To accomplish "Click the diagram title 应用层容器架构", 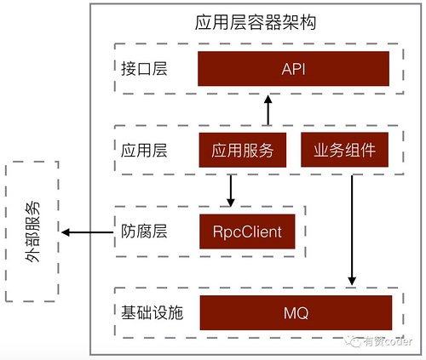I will tap(256, 23).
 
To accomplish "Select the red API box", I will tap(294, 67).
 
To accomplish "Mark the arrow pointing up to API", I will tap(268, 109).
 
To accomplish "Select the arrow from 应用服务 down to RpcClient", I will tap(230, 190).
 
